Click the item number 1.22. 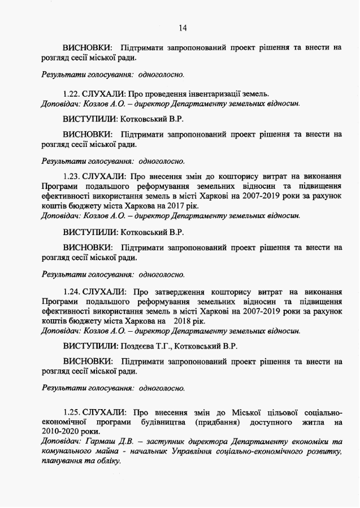point(72,93)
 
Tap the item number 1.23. point(72,176)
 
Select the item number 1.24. point(72,292)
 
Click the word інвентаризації point(214,93)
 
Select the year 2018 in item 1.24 point(185,321)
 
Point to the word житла point(308,422)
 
